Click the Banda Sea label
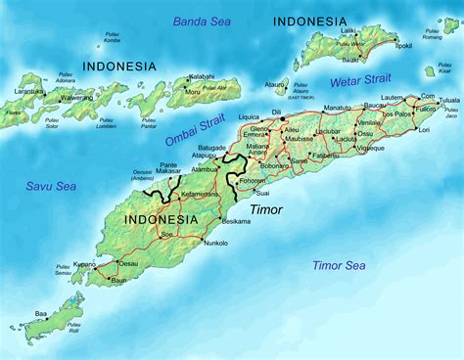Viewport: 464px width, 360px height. pyautogui.click(x=204, y=21)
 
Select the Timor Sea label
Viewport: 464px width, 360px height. pyautogui.click(x=339, y=265)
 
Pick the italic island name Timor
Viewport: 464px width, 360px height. pyautogui.click(x=266, y=209)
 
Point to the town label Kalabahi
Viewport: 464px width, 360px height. pyautogui.click(x=202, y=75)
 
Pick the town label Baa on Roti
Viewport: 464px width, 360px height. pyautogui.click(x=41, y=314)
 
